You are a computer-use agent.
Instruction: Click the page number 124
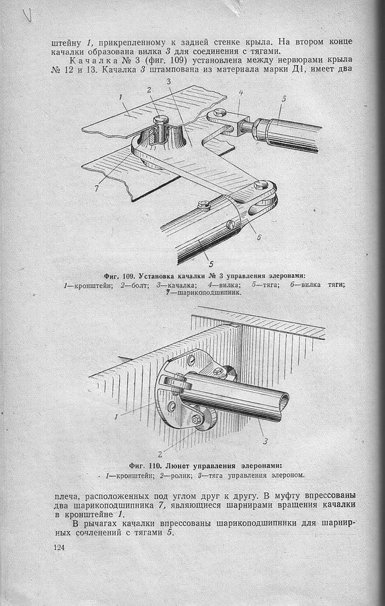(x=59, y=548)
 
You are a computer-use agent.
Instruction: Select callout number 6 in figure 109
(x=258, y=237)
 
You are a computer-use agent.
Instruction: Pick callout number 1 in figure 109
(x=120, y=98)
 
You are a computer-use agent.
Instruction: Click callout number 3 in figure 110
(x=265, y=440)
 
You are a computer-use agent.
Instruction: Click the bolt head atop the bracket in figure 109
(x=162, y=120)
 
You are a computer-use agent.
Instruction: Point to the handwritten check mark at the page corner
(x=27, y=15)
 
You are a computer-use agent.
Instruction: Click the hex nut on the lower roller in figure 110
(x=196, y=419)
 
